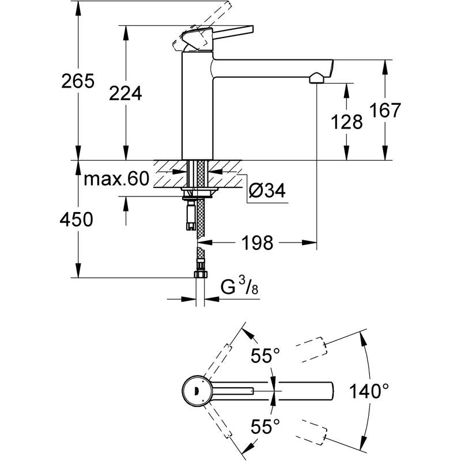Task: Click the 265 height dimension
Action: pyautogui.click(x=78, y=82)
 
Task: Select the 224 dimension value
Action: pyautogui.click(x=126, y=93)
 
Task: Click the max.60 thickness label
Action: pyautogui.click(x=116, y=179)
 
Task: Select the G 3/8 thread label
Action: pyautogui.click(x=238, y=286)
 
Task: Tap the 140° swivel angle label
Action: pyautogui.click(x=368, y=392)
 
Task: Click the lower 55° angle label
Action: pyautogui.click(x=265, y=427)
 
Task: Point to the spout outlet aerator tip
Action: pyautogui.click(x=316, y=78)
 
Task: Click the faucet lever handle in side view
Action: pyautogui.click(x=219, y=33)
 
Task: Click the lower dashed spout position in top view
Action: pyautogui.click(x=312, y=434)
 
